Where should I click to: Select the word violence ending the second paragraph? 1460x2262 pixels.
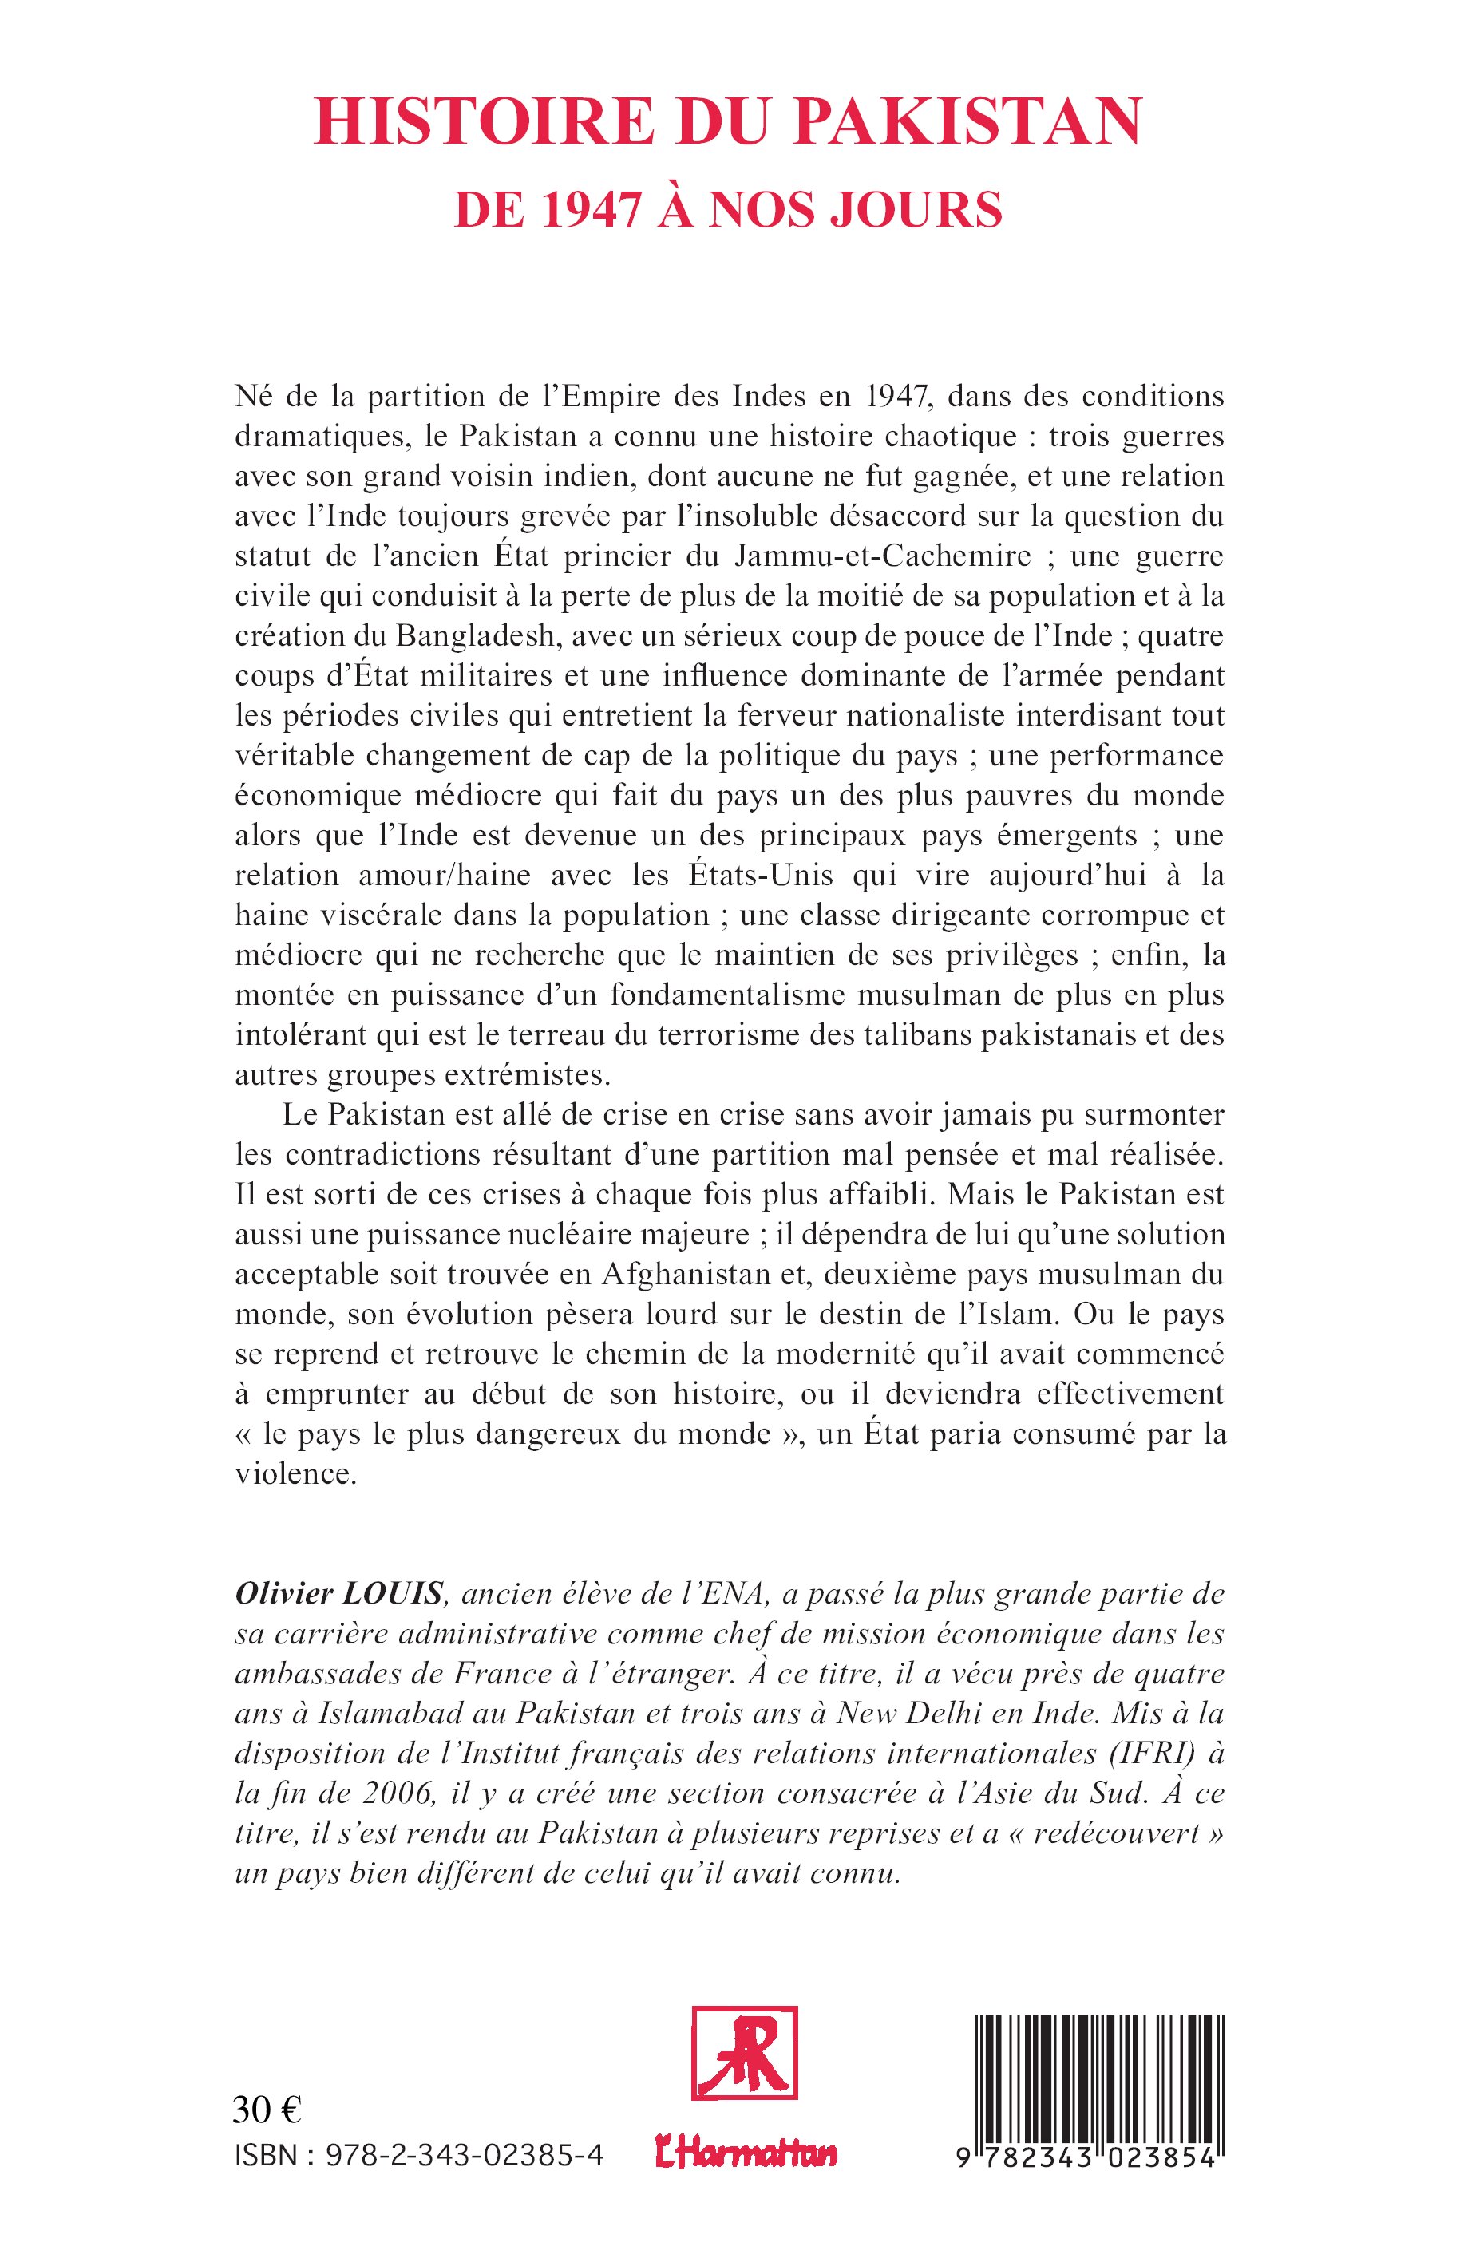[295, 1475]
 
